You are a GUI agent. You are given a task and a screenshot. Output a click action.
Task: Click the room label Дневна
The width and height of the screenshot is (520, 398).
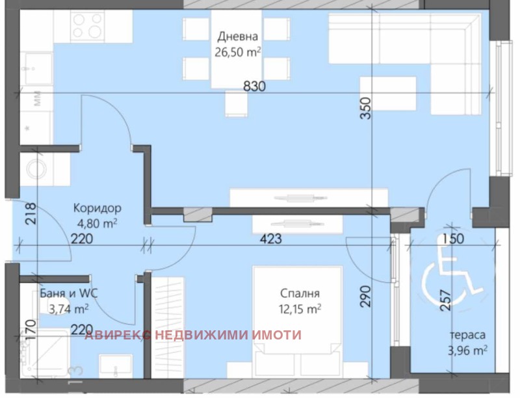pyautogui.click(x=237, y=36)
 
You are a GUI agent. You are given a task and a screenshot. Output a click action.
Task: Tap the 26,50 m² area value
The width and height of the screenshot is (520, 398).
pyautogui.click(x=237, y=52)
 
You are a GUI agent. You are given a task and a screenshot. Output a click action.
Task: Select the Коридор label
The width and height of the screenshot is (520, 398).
pyautogui.click(x=97, y=208)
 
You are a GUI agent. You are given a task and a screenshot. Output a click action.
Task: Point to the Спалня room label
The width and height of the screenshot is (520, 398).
pyautogui.click(x=300, y=293)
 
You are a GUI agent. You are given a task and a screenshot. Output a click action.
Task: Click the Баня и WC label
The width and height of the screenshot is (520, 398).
pyautogui.click(x=69, y=293)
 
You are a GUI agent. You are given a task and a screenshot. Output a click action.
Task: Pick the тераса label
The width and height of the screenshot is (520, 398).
pyautogui.click(x=467, y=335)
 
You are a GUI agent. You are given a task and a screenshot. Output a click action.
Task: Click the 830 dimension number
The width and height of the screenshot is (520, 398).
pyautogui.click(x=255, y=86)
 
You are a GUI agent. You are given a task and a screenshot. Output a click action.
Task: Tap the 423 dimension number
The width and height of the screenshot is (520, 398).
pyautogui.click(x=270, y=239)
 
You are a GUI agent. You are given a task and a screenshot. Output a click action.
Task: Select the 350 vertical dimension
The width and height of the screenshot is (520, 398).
pyautogui.click(x=365, y=108)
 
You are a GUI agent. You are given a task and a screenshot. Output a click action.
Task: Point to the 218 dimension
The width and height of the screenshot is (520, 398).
pyautogui.click(x=31, y=214)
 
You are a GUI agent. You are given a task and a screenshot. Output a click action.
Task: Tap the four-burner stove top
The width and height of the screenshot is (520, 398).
pyautogui.click(x=88, y=26)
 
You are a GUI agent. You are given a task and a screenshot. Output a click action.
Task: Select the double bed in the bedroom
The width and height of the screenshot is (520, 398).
pyautogui.click(x=298, y=321)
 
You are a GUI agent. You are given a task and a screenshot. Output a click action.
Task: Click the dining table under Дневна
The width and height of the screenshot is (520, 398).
pyautogui.click(x=236, y=49)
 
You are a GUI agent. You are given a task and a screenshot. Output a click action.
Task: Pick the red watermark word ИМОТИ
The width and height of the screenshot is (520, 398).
pyautogui.click(x=277, y=335)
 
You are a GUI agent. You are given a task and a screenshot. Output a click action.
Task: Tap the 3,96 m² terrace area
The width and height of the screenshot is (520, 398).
pyautogui.click(x=467, y=350)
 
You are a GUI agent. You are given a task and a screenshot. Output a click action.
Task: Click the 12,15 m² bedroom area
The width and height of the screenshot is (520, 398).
pyautogui.click(x=300, y=309)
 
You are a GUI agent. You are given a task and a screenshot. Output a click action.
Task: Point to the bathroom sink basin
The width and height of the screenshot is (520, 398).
pyautogui.click(x=116, y=366)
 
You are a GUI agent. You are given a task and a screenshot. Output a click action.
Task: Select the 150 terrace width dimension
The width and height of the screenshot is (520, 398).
pyautogui.click(x=453, y=239)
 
